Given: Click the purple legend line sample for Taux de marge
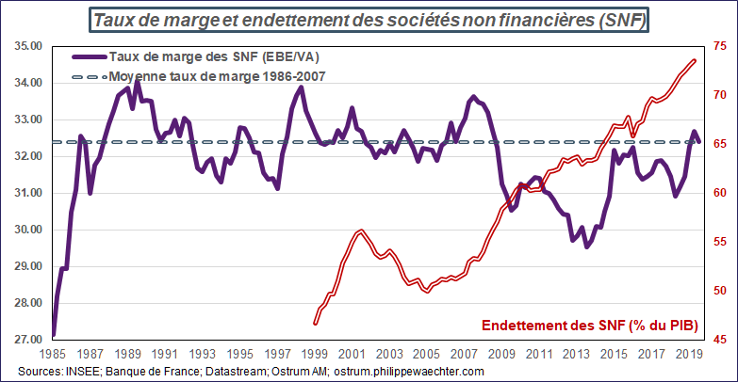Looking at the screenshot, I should (87, 57).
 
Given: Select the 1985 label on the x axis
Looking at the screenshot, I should (54, 355).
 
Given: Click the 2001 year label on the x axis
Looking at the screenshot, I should (353, 355).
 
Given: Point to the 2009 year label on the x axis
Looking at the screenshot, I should (501, 355).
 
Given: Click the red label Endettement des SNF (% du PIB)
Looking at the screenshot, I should (589, 326).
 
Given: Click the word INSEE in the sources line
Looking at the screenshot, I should (78, 373).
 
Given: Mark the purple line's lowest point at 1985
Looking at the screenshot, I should (53, 335).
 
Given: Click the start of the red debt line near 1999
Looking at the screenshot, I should (315, 324).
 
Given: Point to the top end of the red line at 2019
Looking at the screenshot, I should (695, 61).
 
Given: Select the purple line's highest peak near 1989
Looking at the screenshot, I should (137, 83).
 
